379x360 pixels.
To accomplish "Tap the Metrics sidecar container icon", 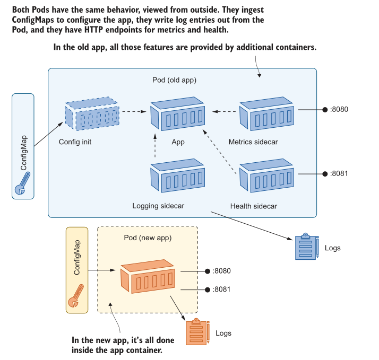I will [x=266, y=114].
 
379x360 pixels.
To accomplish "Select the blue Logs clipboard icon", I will [x=306, y=247].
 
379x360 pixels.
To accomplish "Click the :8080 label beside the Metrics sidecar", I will [x=339, y=110].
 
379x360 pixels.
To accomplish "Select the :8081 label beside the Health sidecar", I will [x=339, y=173].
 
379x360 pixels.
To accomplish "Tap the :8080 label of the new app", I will [x=221, y=271].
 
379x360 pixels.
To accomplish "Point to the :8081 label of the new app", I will [x=221, y=290].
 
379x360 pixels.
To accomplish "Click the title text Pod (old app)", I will [x=175, y=80].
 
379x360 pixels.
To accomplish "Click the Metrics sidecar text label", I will [x=253, y=142].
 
